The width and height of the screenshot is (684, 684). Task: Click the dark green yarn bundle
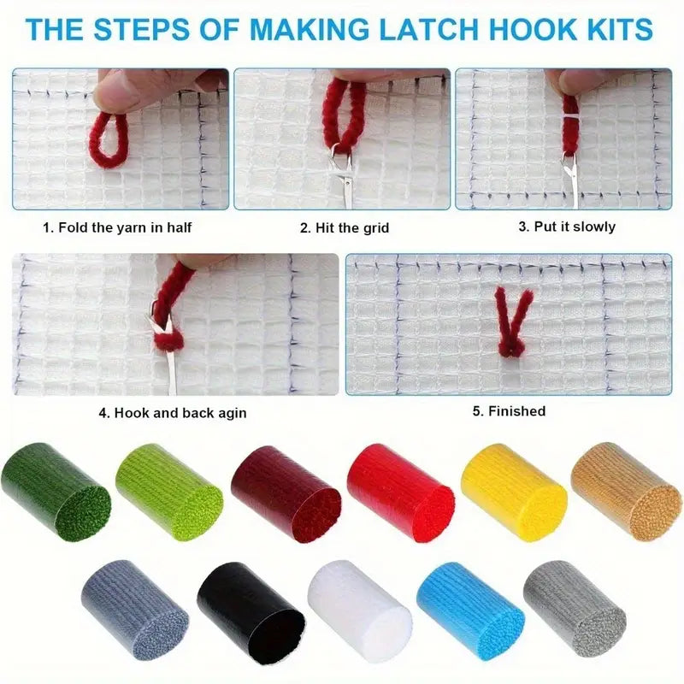[x=55, y=492]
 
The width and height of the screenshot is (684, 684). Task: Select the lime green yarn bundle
[x=168, y=492]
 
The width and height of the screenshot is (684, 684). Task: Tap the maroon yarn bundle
[x=286, y=492]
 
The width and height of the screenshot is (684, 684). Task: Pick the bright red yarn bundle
[x=400, y=492]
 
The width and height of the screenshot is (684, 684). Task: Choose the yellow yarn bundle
[x=514, y=492]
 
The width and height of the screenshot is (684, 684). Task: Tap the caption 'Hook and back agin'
[x=172, y=413]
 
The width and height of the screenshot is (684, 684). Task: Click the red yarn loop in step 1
[x=110, y=140]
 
